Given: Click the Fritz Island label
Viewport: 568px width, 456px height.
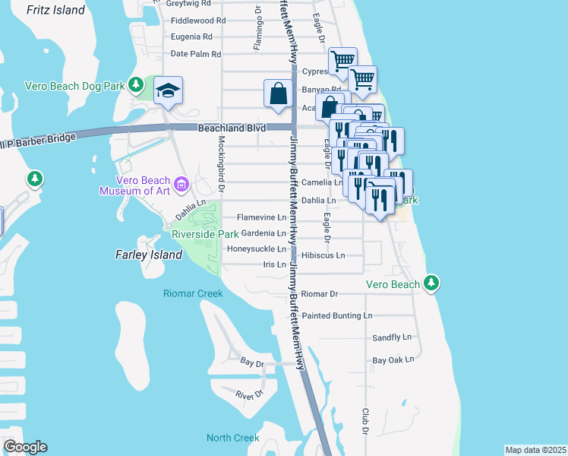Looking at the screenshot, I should coord(55,10).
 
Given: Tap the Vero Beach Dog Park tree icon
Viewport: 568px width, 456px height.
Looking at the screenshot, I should coord(136,84).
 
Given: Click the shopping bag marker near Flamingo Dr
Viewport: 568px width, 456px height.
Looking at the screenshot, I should coord(279,94).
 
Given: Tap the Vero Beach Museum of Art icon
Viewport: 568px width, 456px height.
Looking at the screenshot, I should coord(181,183).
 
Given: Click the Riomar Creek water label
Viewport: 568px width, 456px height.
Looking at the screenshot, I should coord(193,293).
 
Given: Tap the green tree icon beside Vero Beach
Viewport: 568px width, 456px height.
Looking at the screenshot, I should coord(431,283).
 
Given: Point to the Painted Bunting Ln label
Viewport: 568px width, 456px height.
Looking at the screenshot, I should coord(337,315).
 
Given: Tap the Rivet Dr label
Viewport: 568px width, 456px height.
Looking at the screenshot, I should coord(248,394).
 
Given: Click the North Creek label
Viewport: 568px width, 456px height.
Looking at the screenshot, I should coord(232,438).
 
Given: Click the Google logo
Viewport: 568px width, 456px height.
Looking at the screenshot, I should coord(25,447).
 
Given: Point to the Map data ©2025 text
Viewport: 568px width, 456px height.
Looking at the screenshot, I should coord(535,450).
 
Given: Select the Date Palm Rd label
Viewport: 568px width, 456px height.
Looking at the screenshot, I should coord(195,54).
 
